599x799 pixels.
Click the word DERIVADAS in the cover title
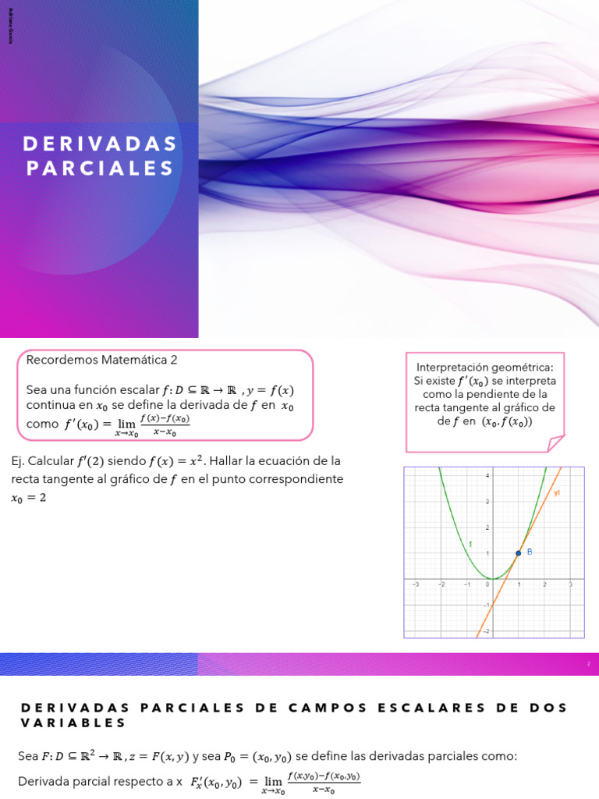pyautogui.click(x=100, y=144)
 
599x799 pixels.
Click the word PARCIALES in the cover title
pyautogui.click(x=100, y=168)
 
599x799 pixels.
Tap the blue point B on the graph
pyautogui.click(x=519, y=553)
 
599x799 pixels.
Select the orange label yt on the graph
pyautogui.click(x=557, y=493)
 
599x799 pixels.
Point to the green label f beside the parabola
pyautogui.click(x=470, y=543)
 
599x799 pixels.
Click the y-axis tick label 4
pyautogui.click(x=487, y=475)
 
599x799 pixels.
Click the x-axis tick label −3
pyautogui.click(x=415, y=584)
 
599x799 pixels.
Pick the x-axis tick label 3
pyautogui.click(x=570, y=584)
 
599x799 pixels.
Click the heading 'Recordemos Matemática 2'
pyautogui.click(x=102, y=360)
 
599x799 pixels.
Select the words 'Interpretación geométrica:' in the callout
pyautogui.click(x=484, y=367)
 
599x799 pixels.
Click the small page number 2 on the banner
pyautogui.click(x=589, y=664)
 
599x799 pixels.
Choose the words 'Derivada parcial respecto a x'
pyautogui.click(x=100, y=781)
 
